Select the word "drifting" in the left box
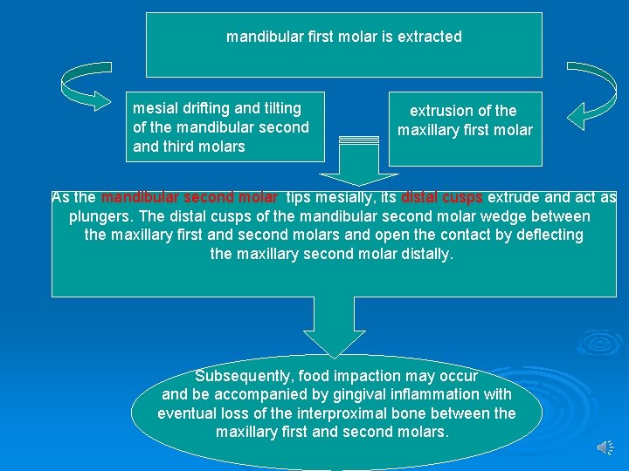click(202, 108)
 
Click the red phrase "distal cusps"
click(442, 197)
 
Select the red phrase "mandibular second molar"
click(190, 197)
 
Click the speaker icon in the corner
click(605, 447)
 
